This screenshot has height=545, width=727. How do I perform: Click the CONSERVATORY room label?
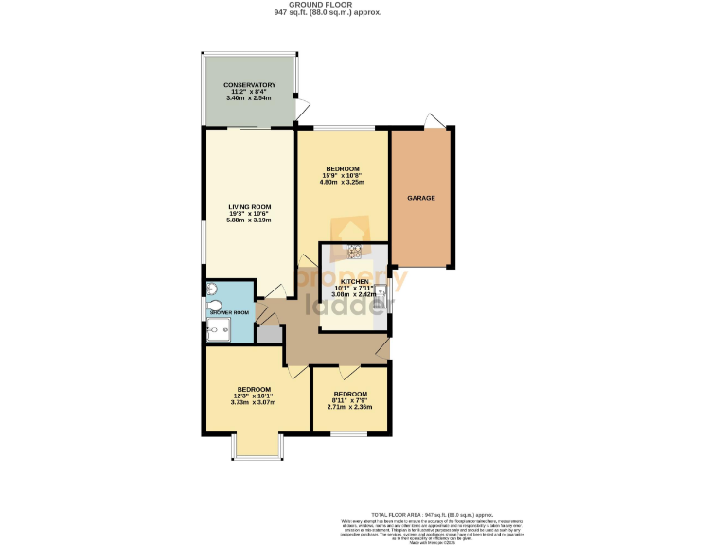click(250, 85)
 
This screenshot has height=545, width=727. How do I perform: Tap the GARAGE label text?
click(421, 198)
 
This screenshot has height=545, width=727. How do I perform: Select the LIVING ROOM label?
click(250, 207)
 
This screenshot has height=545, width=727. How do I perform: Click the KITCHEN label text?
click(354, 281)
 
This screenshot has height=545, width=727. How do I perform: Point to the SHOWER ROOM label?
click(229, 312)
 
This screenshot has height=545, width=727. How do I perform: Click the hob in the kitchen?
click(355, 251)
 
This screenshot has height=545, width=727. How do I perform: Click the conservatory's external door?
click(300, 110)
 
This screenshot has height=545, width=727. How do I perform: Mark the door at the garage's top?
click(434, 121)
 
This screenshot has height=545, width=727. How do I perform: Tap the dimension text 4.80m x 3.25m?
click(342, 182)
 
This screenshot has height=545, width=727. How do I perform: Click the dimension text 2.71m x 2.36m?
click(349, 407)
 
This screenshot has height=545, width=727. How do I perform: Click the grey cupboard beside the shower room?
click(268, 334)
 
